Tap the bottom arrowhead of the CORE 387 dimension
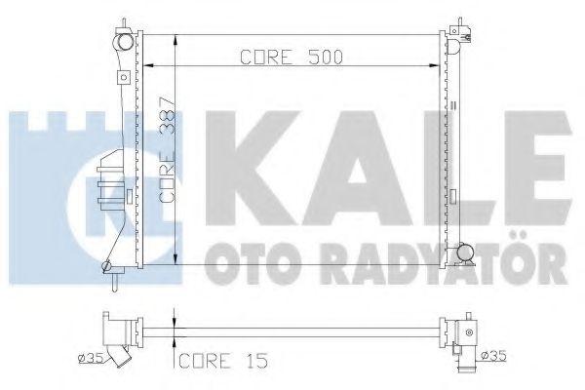pos(174,261)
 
